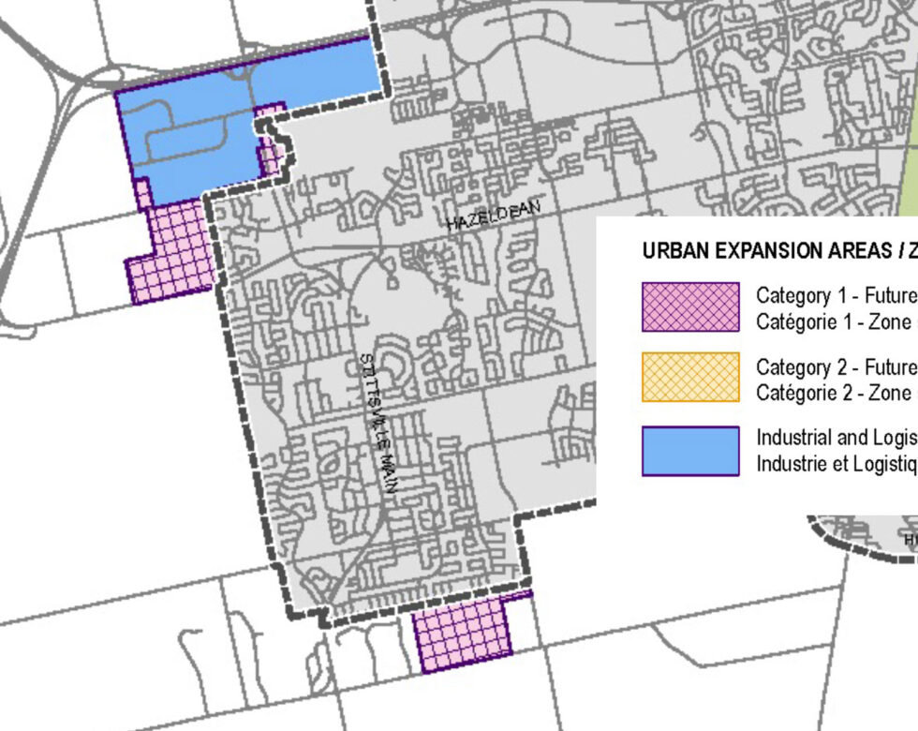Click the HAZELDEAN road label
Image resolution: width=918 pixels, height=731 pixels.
pyautogui.click(x=494, y=216)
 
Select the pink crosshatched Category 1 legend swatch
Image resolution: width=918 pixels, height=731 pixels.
pyautogui.click(x=690, y=307)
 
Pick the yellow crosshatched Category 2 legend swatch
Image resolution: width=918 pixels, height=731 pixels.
pyautogui.click(x=690, y=378)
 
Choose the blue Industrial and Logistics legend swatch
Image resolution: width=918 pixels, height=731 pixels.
pyautogui.click(x=690, y=451)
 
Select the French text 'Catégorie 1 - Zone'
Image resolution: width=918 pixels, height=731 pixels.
pyautogui.click(x=834, y=321)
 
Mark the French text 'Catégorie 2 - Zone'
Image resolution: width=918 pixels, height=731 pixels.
pyautogui.click(x=834, y=392)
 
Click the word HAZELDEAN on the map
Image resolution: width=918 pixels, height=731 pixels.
pyautogui.click(x=494, y=216)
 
